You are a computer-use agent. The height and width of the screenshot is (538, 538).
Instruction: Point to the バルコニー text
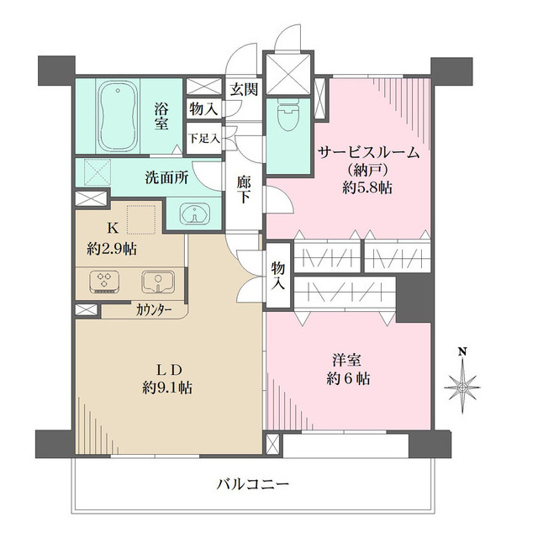point(252,484)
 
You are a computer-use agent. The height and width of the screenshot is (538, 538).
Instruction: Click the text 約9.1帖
point(168,388)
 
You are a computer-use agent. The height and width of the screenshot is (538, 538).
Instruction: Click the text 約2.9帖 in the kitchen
point(113,250)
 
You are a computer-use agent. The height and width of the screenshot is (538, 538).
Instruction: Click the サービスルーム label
point(368,152)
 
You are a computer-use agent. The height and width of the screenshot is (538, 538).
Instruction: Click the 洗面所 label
point(166,178)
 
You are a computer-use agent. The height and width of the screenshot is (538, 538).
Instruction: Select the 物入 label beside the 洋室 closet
point(278,276)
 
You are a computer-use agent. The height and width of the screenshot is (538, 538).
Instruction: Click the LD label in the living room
point(168,370)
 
